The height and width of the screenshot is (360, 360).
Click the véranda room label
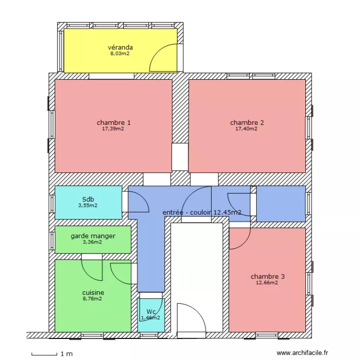[x=120, y=47]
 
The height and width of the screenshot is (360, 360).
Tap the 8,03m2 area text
[x=120, y=54]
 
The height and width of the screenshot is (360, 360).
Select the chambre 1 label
[x=113, y=122]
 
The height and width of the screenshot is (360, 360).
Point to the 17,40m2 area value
[x=246, y=129]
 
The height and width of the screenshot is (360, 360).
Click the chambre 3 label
[x=267, y=276]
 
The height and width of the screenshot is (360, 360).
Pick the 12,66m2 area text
[x=267, y=283]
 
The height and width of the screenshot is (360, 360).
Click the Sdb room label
[x=88, y=199]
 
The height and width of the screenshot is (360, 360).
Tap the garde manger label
[x=93, y=236]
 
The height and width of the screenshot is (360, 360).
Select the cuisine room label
[x=93, y=292]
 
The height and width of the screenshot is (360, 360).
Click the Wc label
[x=151, y=311]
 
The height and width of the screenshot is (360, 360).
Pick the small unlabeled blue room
[x=281, y=204]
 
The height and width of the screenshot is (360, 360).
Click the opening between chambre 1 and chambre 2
[x=180, y=156]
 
